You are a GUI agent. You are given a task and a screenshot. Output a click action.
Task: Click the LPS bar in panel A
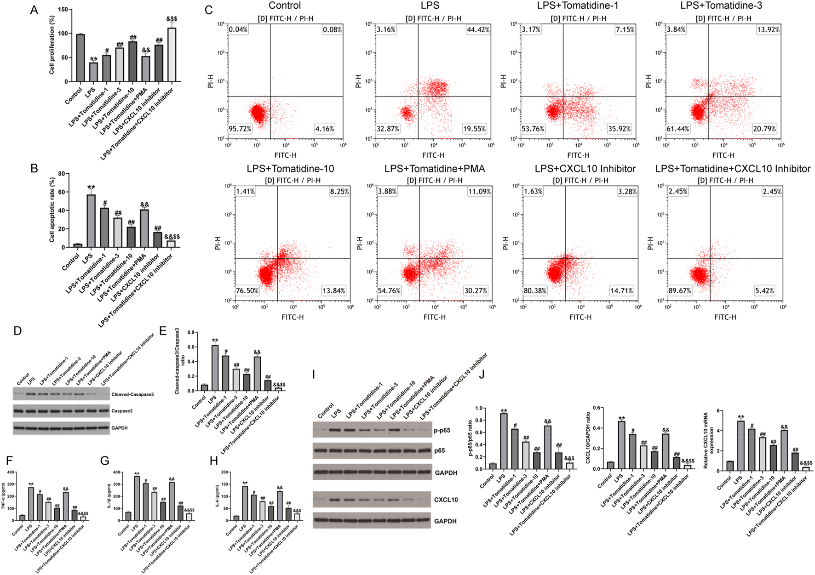93,72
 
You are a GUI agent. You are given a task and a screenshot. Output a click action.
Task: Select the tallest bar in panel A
172,55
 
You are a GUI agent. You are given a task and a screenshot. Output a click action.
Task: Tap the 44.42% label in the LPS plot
478,29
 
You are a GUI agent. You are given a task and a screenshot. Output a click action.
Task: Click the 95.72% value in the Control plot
240,129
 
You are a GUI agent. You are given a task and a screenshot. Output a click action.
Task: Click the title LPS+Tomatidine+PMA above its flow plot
435,169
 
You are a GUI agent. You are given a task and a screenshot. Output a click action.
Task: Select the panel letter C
208,10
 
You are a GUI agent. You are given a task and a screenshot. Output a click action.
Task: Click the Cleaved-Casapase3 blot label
132,394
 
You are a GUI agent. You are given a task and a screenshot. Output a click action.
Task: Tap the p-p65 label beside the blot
442,431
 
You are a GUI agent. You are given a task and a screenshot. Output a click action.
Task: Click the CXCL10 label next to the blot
446,500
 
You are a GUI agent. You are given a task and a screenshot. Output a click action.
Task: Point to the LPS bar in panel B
91,221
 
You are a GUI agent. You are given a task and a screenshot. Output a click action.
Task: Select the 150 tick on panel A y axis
63,10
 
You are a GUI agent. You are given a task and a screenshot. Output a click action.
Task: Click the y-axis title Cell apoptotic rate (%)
52,210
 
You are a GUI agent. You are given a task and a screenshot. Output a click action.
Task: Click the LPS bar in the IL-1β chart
137,499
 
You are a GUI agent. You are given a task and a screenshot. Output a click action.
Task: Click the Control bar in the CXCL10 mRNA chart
730,466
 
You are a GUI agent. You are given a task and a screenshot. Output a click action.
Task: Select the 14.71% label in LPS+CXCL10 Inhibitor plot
621,290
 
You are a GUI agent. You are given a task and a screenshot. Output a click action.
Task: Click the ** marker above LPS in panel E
215,341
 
